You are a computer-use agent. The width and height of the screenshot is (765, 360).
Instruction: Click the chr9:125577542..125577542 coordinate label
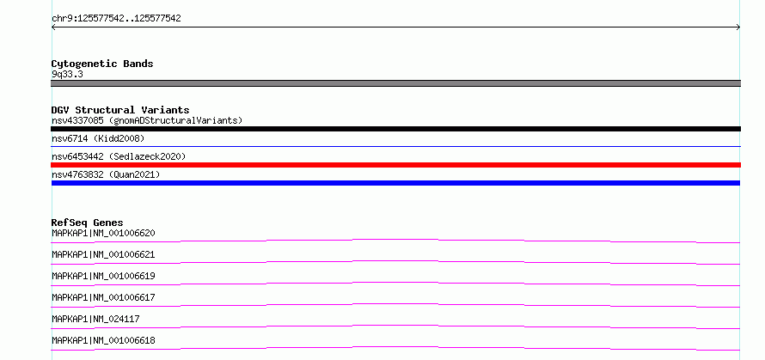pos(116,19)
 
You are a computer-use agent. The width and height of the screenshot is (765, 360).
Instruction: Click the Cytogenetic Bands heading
pos(102,64)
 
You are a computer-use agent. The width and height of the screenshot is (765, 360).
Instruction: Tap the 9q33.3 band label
pos(67,74)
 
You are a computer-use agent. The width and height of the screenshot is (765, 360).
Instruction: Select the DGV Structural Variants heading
pos(120,110)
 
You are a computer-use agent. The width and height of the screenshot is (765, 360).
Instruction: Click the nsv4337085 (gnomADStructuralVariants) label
pos(147,120)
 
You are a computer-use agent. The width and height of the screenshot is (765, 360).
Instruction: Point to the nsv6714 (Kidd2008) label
pos(98,138)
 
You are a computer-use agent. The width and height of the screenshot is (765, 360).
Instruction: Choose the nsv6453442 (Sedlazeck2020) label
pos(119,156)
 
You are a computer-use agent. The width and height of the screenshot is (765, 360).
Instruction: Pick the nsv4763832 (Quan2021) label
pos(106,174)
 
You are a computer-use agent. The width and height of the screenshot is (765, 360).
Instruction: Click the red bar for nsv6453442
pos(395,165)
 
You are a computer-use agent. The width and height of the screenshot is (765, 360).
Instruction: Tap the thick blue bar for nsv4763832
pos(395,183)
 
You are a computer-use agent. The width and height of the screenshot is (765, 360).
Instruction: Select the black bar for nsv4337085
pos(395,129)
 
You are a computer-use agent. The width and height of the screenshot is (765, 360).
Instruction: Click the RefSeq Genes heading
pos(88,223)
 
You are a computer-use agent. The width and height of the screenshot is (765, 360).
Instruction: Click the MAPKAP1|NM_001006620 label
pos(103,233)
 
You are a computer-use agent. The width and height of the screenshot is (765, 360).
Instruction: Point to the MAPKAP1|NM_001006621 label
pos(103,254)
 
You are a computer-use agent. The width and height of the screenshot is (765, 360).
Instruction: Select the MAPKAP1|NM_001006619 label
pos(103,276)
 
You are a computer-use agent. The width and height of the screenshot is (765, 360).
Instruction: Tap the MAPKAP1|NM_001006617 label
pos(103,297)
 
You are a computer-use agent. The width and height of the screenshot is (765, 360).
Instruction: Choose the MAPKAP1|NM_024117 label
pos(95,319)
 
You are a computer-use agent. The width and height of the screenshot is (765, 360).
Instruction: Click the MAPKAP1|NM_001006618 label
pos(103,340)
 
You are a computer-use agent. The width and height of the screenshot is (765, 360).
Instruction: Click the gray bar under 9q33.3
pos(395,83)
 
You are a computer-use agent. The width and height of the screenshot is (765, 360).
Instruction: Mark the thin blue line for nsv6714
pos(395,146)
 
